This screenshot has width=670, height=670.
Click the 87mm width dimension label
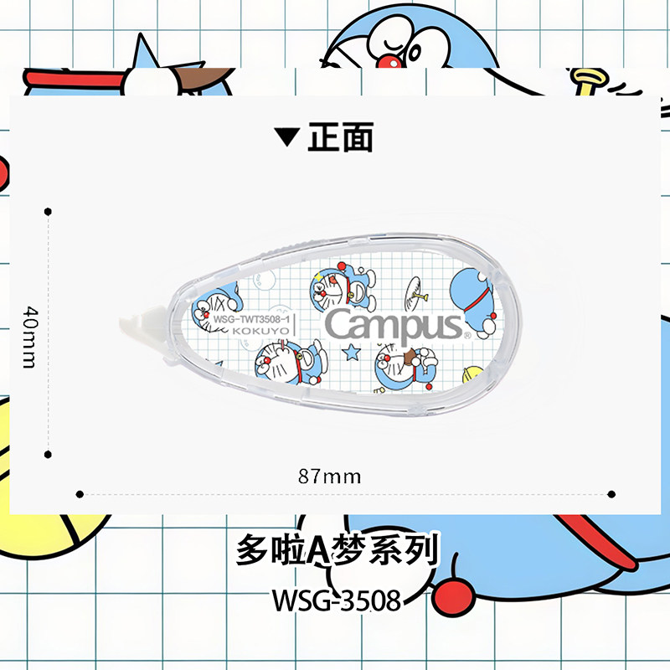(x=330, y=477)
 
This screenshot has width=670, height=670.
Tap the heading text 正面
(x=339, y=137)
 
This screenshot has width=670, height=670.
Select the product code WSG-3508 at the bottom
(x=335, y=601)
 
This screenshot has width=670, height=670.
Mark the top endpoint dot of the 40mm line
(x=48, y=211)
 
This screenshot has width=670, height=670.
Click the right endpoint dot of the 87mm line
(x=611, y=494)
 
